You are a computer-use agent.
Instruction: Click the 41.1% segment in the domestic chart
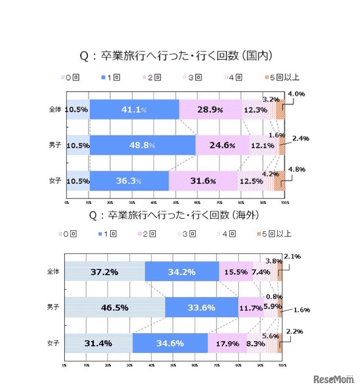(x=134, y=110)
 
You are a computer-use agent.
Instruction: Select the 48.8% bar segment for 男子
(x=143, y=145)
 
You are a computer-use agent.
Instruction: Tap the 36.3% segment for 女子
(x=129, y=181)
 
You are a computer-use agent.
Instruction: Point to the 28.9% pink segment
(x=210, y=110)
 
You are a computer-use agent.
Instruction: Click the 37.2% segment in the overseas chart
(x=104, y=272)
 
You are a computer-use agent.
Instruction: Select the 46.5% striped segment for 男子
(x=115, y=308)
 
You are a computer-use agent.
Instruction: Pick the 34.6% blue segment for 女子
(x=170, y=343)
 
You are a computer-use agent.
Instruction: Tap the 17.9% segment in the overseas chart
(x=227, y=343)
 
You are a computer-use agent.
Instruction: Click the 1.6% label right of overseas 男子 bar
(x=302, y=310)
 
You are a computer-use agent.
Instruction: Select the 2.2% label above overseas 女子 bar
(x=294, y=332)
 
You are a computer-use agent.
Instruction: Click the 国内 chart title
(x=177, y=56)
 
